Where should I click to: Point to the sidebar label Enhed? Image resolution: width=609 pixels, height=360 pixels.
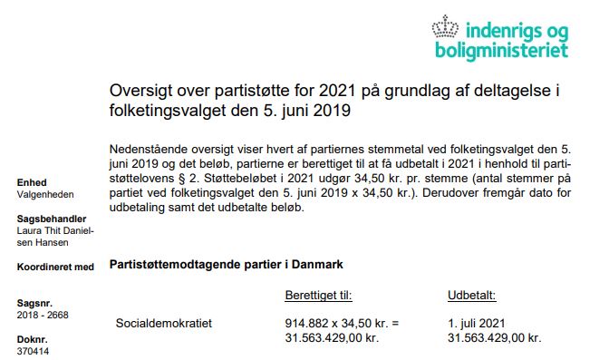click(x=32, y=182)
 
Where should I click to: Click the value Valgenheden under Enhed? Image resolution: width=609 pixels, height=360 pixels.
click(x=45, y=194)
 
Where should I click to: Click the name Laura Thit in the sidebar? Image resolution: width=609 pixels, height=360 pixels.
click(x=40, y=231)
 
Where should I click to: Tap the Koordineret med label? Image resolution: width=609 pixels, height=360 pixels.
click(x=55, y=267)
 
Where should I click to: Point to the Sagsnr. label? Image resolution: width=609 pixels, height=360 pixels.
click(x=34, y=303)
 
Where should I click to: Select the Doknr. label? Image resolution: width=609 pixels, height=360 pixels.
click(x=32, y=339)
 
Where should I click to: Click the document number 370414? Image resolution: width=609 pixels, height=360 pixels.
click(x=33, y=351)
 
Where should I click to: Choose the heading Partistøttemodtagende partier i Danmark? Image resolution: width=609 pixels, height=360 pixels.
click(x=225, y=265)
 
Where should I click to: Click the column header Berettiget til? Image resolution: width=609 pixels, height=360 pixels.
click(x=318, y=296)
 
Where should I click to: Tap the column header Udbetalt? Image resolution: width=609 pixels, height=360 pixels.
click(x=471, y=296)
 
